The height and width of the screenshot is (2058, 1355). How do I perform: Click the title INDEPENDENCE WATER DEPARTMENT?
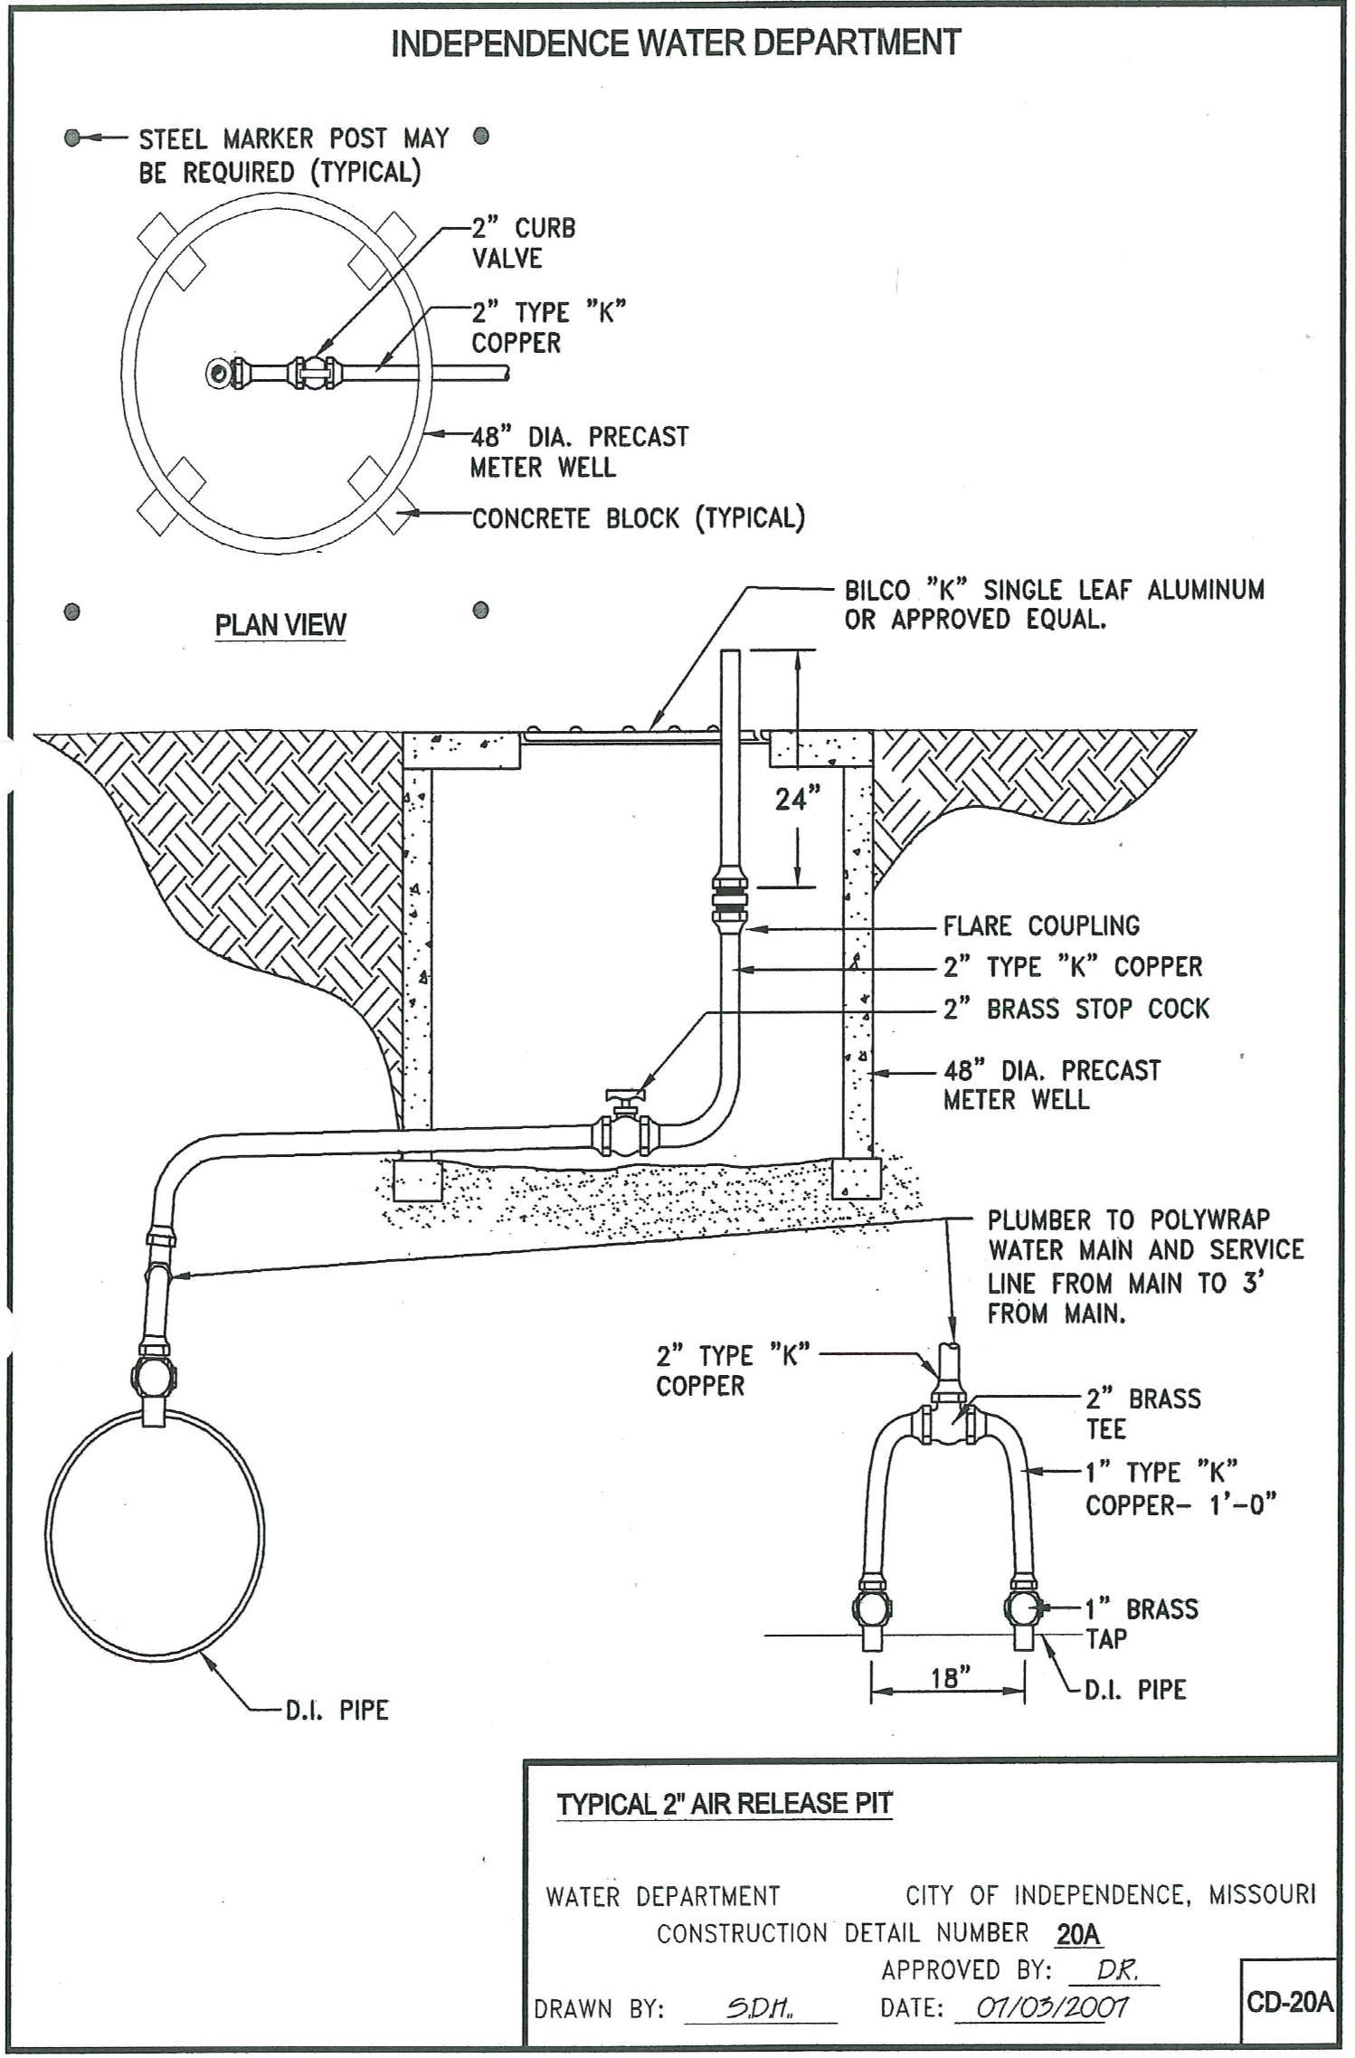(x=675, y=43)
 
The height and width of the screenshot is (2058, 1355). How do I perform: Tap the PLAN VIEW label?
(x=280, y=625)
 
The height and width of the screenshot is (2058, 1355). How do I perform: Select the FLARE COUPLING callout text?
(x=1041, y=926)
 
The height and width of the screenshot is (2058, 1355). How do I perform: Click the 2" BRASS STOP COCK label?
(x=1075, y=1009)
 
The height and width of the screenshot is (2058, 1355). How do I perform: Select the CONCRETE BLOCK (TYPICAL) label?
(x=638, y=518)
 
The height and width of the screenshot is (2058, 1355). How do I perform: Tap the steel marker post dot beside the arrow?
(x=73, y=138)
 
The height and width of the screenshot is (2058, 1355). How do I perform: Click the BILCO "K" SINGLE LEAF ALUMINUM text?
(x=1054, y=590)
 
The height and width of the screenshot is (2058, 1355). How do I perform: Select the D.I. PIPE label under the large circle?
(x=337, y=1710)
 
